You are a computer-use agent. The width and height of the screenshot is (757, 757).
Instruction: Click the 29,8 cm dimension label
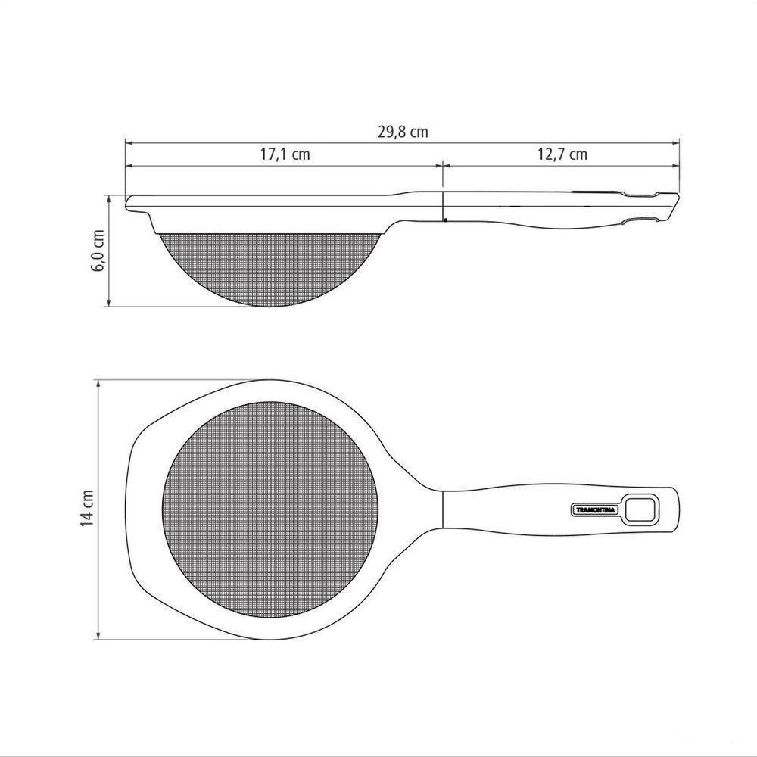(x=403, y=132)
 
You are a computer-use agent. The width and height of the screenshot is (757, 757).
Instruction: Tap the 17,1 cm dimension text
(x=285, y=154)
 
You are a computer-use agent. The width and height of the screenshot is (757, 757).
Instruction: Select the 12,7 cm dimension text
(x=562, y=154)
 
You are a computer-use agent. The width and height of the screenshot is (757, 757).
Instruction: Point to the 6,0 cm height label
(x=98, y=250)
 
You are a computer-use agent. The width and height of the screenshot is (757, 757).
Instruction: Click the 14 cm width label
(x=87, y=508)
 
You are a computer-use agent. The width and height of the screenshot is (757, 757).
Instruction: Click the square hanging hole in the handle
(x=640, y=509)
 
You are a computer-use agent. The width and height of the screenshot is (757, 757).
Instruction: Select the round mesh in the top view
(x=270, y=509)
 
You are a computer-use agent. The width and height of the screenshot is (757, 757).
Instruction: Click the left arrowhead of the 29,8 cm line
(x=129, y=143)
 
